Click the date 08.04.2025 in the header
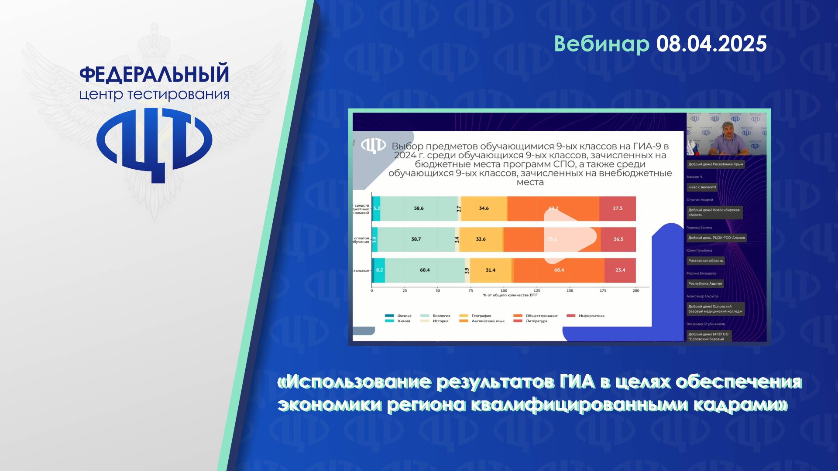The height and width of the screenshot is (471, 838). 711,44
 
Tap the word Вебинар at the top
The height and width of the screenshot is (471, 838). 601,44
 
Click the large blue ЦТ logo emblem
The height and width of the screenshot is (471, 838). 154,142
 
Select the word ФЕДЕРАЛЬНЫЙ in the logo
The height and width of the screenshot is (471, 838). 154,74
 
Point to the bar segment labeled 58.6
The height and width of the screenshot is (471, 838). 419,208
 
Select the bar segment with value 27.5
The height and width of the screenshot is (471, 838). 617,208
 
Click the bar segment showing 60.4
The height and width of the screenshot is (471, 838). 425,270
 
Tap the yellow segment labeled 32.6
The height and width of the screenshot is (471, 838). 481,239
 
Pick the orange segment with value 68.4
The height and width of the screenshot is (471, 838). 559,270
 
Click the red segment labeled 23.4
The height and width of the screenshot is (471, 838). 620,270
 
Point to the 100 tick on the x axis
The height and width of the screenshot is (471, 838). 504,290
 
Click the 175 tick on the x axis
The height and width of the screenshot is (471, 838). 603,290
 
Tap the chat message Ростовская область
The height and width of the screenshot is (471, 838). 705,261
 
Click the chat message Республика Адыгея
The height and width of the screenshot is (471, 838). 705,283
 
